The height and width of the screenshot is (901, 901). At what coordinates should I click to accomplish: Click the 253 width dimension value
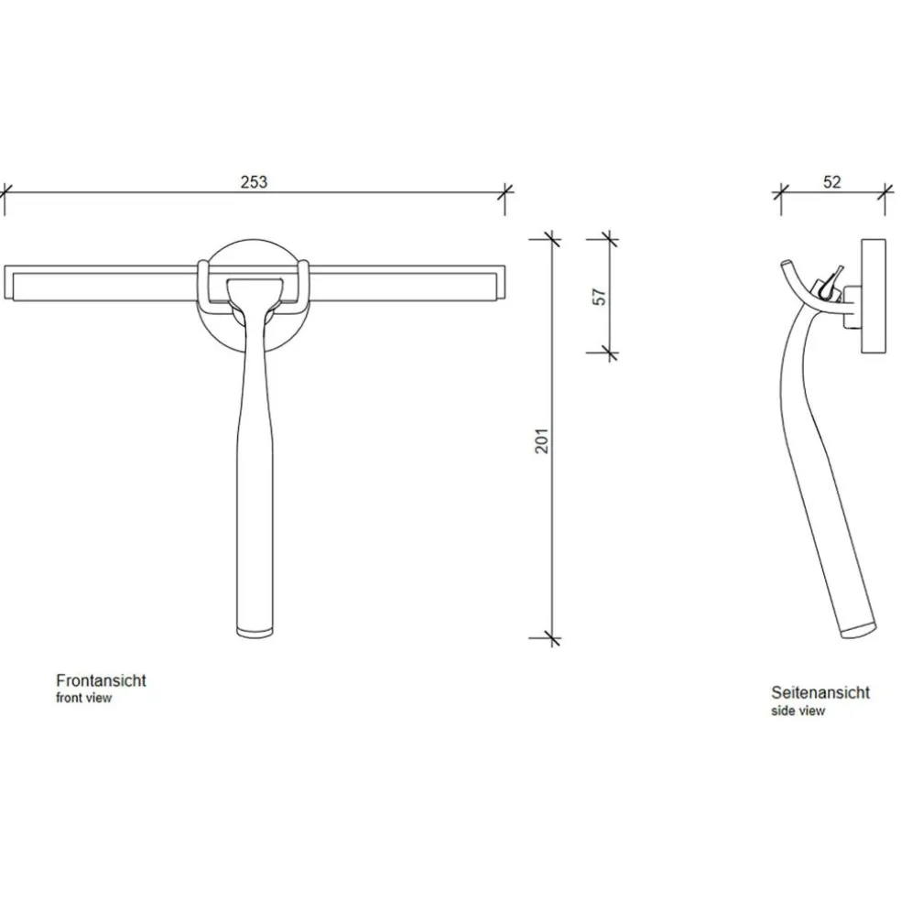point(254,181)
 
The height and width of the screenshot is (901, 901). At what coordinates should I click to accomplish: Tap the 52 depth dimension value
point(831,181)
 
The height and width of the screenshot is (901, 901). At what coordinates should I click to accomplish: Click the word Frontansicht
point(101,680)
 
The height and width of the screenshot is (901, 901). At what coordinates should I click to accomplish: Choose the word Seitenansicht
point(820,692)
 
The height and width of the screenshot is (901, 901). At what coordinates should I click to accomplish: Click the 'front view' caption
point(84,698)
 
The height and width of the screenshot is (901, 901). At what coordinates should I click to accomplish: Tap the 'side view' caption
point(798,710)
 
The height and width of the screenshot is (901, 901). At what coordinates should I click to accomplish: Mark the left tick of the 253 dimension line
point(4,192)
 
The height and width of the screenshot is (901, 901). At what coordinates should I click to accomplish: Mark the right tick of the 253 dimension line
point(505,192)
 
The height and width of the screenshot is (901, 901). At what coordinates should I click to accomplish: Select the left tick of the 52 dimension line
point(781,192)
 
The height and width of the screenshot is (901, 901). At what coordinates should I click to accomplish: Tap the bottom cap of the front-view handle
point(255,630)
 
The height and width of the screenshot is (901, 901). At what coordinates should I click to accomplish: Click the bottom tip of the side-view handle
point(857,632)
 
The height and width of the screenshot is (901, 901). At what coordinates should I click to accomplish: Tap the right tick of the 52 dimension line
point(885,192)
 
